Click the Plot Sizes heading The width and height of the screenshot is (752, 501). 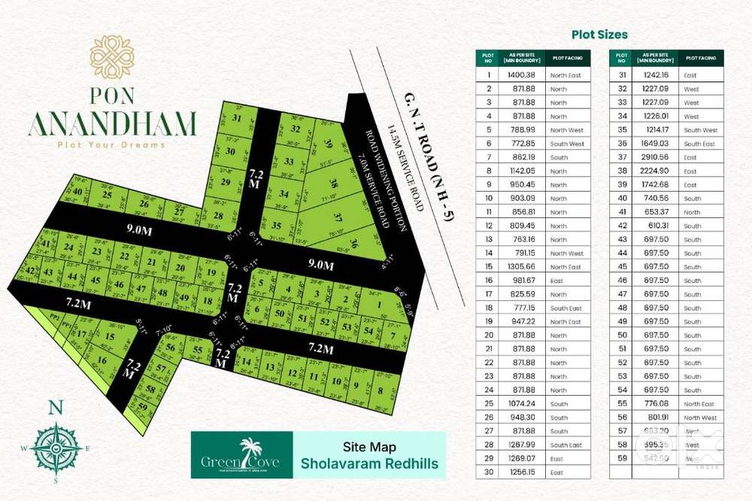tap(599, 35)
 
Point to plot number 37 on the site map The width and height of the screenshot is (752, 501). tap(338, 217)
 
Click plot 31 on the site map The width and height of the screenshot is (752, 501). tap(238, 118)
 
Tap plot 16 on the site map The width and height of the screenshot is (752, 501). tap(102, 360)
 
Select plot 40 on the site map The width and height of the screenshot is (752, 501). tap(77, 191)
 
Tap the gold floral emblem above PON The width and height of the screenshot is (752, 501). tap(112, 56)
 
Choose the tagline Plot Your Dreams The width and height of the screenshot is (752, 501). tap(112, 144)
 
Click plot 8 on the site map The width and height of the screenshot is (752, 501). tap(381, 390)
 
